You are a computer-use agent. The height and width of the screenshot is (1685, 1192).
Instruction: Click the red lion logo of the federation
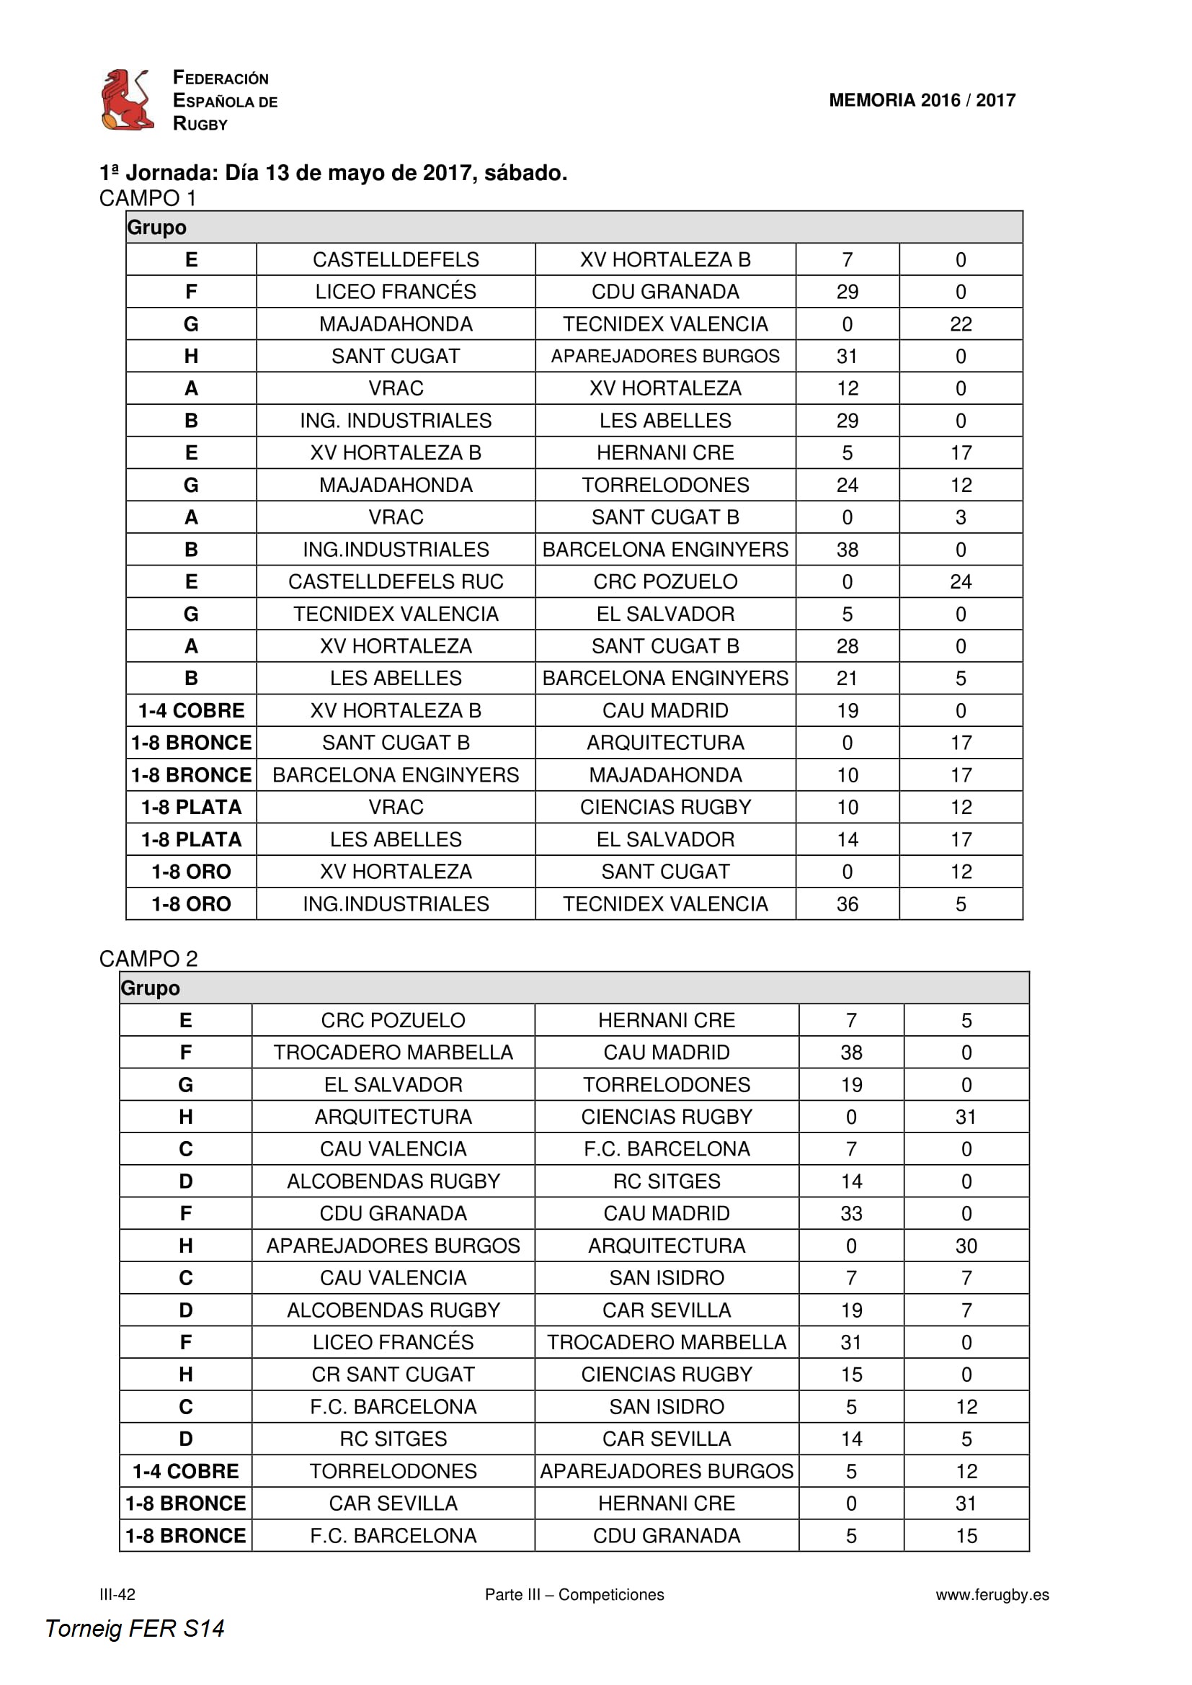click(x=127, y=100)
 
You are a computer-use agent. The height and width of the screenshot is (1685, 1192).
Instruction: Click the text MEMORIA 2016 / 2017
click(x=922, y=100)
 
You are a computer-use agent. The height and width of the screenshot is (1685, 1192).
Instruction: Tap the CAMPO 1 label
click(x=148, y=198)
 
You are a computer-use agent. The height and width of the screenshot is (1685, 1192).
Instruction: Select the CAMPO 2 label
click(x=148, y=958)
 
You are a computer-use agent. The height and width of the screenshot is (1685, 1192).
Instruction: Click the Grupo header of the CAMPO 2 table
click(x=151, y=988)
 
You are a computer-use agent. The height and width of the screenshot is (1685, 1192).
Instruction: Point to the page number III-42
click(x=117, y=1594)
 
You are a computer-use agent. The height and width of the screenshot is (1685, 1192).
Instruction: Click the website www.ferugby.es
click(x=992, y=1594)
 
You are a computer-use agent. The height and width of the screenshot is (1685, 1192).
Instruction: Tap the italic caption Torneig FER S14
click(x=134, y=1629)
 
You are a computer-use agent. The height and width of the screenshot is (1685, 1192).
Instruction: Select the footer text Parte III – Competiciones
click(x=574, y=1594)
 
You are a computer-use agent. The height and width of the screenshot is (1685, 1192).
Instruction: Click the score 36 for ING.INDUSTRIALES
click(x=847, y=904)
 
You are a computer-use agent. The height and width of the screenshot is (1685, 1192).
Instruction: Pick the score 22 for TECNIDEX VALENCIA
click(x=961, y=324)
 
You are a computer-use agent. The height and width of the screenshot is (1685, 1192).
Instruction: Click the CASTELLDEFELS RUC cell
click(x=396, y=582)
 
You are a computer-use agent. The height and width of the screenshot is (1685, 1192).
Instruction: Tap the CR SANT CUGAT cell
click(x=393, y=1375)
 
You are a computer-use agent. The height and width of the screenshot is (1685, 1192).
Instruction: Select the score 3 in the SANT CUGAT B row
click(x=961, y=517)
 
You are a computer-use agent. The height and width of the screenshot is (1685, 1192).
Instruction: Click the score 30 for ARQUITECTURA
click(x=966, y=1246)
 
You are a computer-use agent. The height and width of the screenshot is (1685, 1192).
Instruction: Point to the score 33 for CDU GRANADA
click(x=850, y=1213)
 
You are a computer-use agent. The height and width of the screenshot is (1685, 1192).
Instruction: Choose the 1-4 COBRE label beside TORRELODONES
click(x=186, y=1472)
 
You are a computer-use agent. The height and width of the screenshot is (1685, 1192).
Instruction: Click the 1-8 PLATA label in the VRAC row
click(x=191, y=808)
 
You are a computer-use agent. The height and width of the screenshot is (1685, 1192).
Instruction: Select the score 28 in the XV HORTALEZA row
click(x=847, y=646)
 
